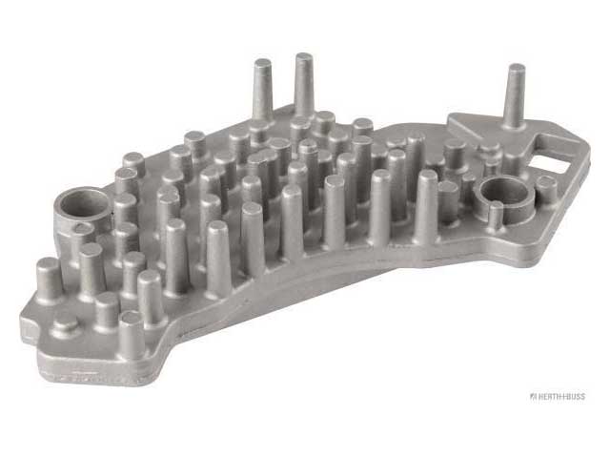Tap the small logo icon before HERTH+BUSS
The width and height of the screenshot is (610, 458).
point(534,397)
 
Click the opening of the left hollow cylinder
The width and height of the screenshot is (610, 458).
point(83,202)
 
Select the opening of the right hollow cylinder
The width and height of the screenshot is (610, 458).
point(503,191)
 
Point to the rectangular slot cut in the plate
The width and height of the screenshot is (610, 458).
point(550,164)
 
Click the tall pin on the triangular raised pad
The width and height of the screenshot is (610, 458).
point(515,96)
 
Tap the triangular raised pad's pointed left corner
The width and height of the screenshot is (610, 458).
point(450,119)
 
